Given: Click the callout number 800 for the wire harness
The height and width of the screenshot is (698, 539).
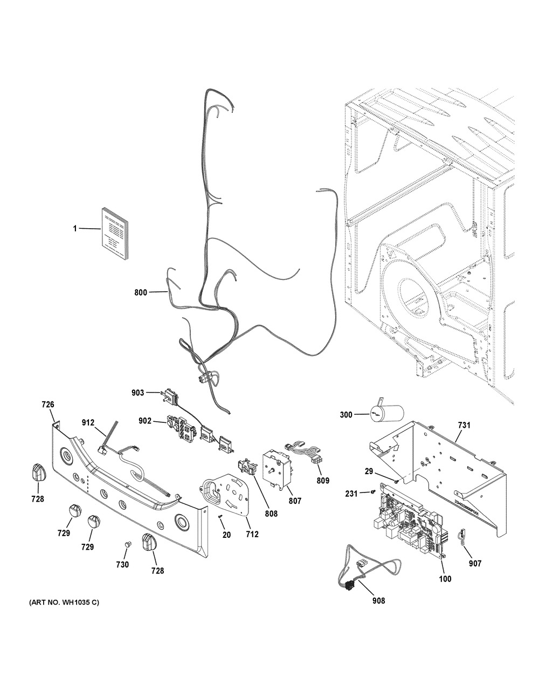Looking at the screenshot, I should (140, 292).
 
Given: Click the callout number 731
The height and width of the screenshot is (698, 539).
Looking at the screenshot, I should (464, 426).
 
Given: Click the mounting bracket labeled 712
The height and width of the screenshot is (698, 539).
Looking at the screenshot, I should (226, 491).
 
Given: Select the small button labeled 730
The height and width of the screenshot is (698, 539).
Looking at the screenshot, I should (128, 544).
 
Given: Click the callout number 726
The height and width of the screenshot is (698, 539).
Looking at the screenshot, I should (49, 404).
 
